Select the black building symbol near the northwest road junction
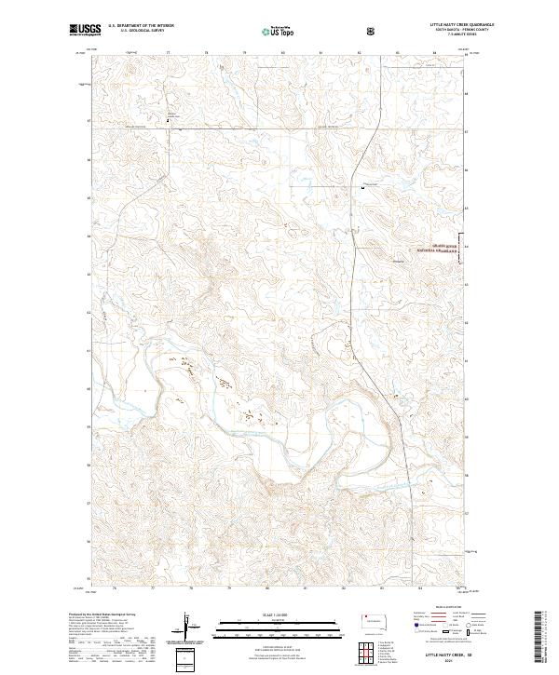[169, 118]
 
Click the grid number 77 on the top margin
[167, 53]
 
